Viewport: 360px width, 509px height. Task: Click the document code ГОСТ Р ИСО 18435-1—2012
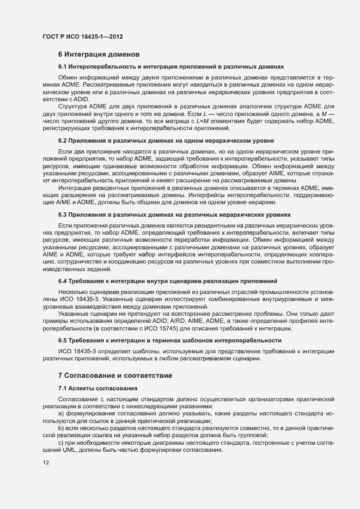82,36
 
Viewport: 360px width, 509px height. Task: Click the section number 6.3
63,214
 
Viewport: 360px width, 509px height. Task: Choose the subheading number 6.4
63,281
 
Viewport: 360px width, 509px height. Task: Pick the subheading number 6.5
63,340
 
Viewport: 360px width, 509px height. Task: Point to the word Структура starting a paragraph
72,106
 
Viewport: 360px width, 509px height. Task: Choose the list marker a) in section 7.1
62,414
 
